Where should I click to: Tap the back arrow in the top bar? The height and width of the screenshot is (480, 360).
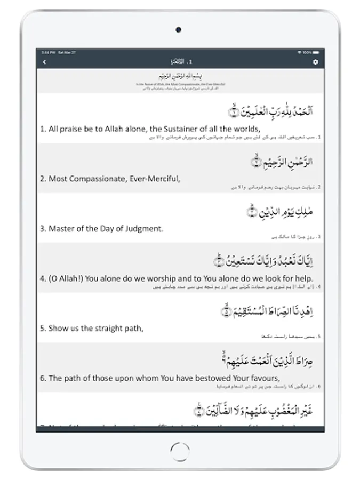pos(44,62)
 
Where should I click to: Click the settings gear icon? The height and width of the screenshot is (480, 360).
pos(315,62)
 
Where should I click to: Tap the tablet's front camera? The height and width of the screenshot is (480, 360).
pos(178,30)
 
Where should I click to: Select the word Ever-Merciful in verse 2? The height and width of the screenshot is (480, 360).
pos(155,179)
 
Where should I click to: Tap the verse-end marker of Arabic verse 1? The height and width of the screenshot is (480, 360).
pos(232,111)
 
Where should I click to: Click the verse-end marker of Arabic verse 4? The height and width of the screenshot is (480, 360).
pos(218,261)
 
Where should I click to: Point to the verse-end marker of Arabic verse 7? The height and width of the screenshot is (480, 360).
pos(198,411)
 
